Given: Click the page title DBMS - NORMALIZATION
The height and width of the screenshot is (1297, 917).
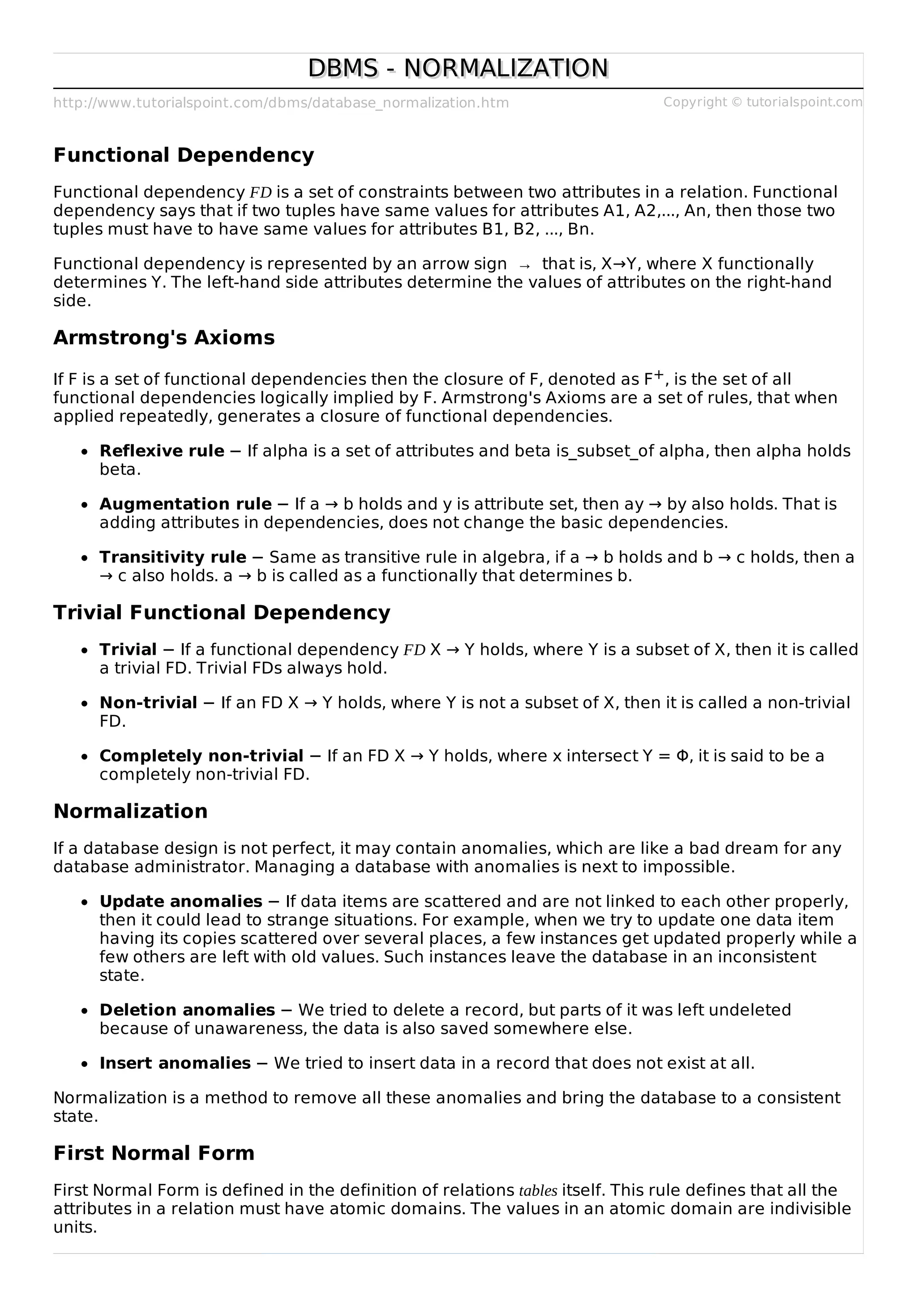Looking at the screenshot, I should [458, 68].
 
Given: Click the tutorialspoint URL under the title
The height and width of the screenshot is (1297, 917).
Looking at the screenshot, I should [281, 103].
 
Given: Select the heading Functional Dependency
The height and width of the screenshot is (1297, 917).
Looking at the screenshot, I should [184, 155].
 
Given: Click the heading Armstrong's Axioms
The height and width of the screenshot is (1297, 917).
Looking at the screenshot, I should [164, 338].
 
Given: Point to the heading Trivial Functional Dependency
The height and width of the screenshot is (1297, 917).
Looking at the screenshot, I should [222, 613].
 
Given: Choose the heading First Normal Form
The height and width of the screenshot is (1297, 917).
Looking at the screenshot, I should [154, 1153].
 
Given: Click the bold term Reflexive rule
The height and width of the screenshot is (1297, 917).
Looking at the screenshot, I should [162, 451].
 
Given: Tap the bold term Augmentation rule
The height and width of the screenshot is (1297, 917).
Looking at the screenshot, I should [185, 504].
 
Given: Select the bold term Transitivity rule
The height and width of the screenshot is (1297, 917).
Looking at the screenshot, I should [173, 558].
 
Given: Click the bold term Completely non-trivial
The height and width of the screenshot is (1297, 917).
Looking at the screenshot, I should [201, 756].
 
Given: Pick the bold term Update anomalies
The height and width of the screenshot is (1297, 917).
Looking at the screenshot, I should [181, 901].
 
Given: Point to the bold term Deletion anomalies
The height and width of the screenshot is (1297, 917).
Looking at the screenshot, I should [187, 1010].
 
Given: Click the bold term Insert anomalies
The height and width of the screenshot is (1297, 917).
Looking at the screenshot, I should [175, 1063].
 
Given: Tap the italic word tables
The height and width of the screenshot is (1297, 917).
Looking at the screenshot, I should [538, 1191].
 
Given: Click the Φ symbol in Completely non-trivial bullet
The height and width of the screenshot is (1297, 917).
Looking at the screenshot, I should [682, 756].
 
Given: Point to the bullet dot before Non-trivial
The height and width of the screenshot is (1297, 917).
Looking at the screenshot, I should [85, 704].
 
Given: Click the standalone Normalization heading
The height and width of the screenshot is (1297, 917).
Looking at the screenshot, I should [130, 811].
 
